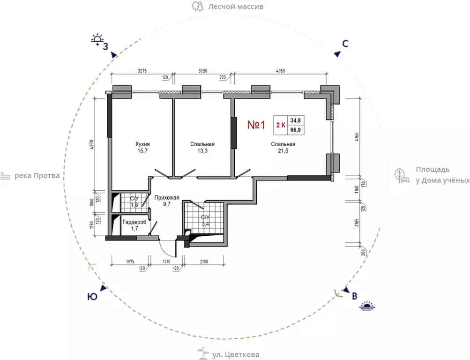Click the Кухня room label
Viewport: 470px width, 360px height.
142,144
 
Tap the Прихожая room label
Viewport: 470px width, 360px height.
167,198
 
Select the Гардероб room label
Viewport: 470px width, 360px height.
134,222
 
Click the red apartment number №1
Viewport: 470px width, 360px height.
256,125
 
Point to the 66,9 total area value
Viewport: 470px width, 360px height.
295,130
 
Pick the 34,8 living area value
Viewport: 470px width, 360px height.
295,120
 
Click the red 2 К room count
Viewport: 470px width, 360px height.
281,125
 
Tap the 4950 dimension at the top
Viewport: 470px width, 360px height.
280,71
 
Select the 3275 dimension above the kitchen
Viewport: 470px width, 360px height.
142,71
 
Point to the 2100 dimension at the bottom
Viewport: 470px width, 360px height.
204,262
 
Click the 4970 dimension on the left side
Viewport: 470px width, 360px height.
92,145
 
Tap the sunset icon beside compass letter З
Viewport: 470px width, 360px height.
97,40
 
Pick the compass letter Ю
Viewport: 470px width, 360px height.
92,297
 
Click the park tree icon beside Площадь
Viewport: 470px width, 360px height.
402,175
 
